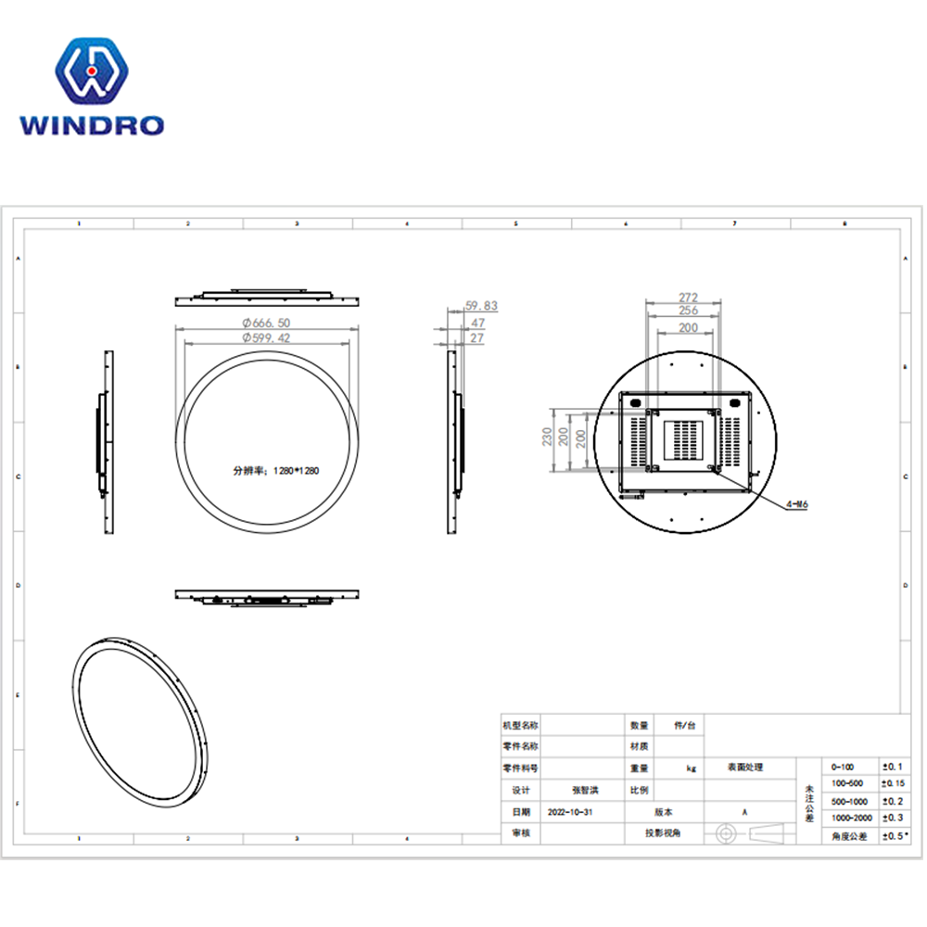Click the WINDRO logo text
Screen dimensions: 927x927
(x=92, y=124)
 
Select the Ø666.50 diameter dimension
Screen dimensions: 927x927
(x=267, y=322)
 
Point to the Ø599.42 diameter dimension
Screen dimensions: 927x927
(x=267, y=338)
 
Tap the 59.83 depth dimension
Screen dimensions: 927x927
(x=481, y=305)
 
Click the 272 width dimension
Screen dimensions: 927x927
(x=687, y=298)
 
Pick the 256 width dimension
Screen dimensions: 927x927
(x=687, y=311)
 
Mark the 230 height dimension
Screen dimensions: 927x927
(x=548, y=437)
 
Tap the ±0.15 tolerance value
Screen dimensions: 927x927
(x=893, y=784)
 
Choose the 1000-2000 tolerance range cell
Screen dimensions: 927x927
(x=852, y=819)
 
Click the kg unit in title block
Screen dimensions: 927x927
(x=691, y=768)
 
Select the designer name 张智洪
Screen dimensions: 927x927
(x=585, y=790)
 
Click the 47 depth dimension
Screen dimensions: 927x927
(x=477, y=323)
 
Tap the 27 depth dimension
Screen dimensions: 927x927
(x=476, y=339)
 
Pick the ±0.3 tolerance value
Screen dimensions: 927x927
(x=892, y=819)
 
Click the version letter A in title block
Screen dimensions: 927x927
(x=744, y=811)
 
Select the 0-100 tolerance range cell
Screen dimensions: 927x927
(x=844, y=768)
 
